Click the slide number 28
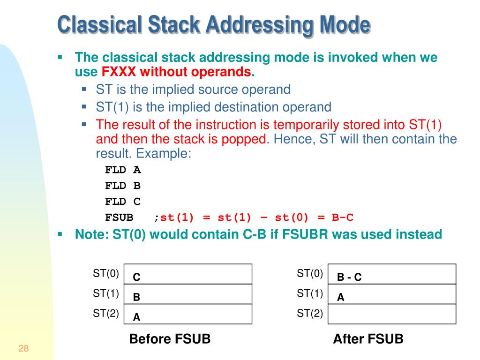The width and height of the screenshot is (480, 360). (23, 348)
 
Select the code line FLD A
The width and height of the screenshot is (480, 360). (123, 170)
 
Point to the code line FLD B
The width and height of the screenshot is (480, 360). (123, 186)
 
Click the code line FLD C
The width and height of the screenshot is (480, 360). (123, 202)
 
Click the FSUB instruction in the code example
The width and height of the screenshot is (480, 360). (119, 217)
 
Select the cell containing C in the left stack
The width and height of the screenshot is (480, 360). (187, 274)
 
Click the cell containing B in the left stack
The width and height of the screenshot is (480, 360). (187, 294)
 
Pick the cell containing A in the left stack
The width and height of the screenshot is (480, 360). (187, 314)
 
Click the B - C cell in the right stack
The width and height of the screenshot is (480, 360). (391, 274)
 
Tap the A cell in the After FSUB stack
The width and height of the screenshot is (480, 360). (391, 294)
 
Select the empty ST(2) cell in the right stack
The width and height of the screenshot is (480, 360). (391, 314)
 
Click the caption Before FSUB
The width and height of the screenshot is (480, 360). (170, 339)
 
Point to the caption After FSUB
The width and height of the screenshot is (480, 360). (368, 339)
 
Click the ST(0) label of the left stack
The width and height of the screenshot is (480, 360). (106, 273)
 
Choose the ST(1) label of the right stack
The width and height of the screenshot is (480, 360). (310, 293)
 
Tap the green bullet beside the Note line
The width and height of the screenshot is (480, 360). (60, 233)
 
